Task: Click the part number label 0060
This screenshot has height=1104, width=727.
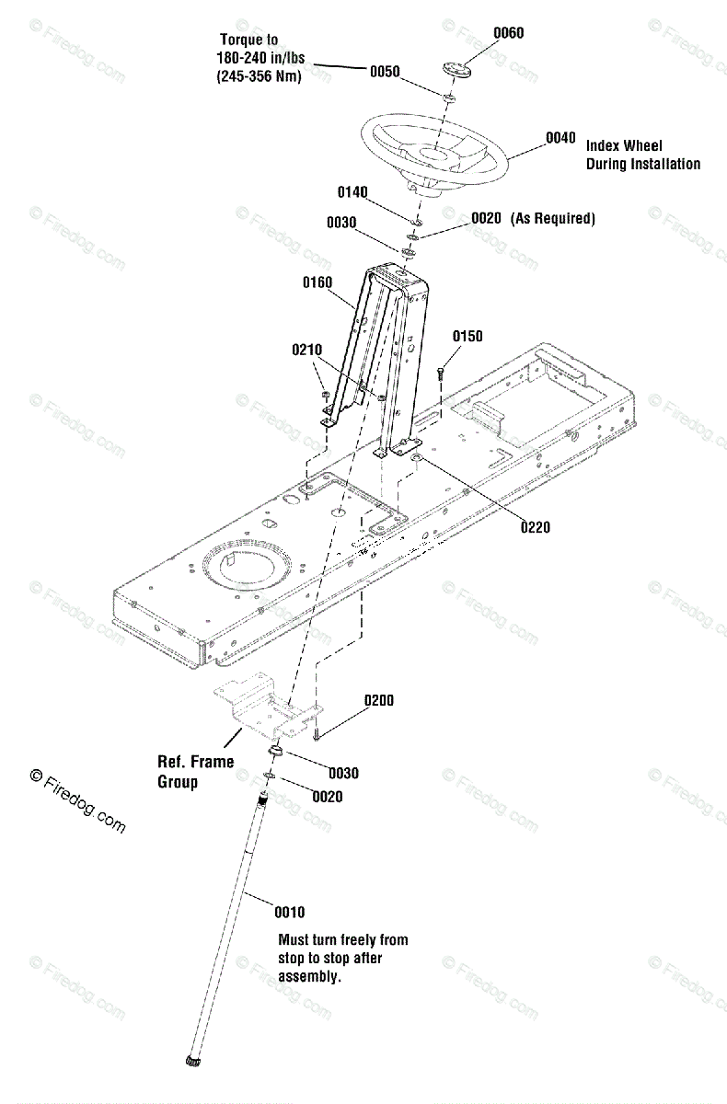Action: click(508, 33)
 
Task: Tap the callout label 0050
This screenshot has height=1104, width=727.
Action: click(385, 71)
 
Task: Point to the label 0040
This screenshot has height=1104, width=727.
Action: click(560, 138)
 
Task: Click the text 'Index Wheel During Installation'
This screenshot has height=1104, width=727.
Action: click(642, 155)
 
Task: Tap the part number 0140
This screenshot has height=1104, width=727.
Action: click(352, 192)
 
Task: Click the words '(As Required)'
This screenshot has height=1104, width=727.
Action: click(554, 218)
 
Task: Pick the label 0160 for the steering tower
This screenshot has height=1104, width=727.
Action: click(317, 282)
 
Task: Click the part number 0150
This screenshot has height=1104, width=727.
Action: click(467, 337)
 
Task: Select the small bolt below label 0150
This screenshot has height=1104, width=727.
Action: click(440, 373)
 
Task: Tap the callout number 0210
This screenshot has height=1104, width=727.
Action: click(307, 350)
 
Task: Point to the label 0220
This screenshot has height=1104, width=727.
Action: click(535, 527)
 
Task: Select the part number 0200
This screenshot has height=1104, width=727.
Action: click(378, 700)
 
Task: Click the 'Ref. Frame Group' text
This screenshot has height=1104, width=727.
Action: click(195, 772)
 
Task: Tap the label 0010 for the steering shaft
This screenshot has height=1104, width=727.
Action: click(289, 912)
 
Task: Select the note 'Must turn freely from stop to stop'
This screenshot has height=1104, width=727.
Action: click(342, 958)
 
